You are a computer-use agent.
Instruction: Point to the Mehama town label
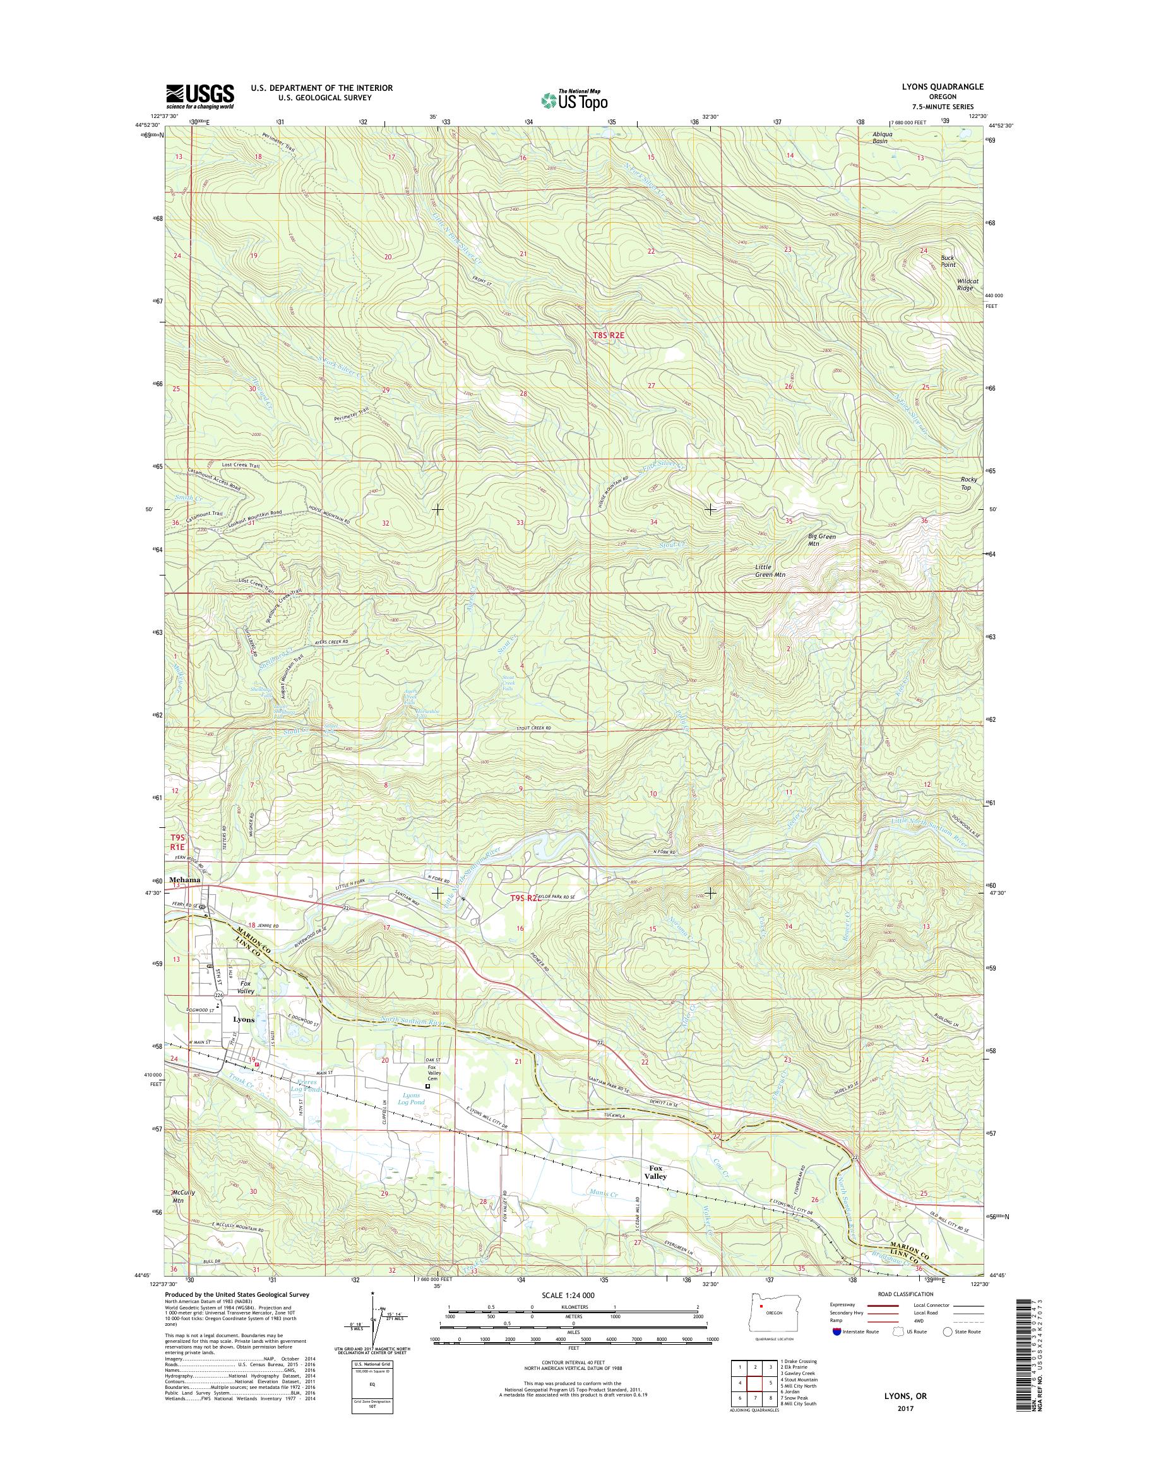tap(186, 879)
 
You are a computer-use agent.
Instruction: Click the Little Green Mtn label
tap(769, 571)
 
